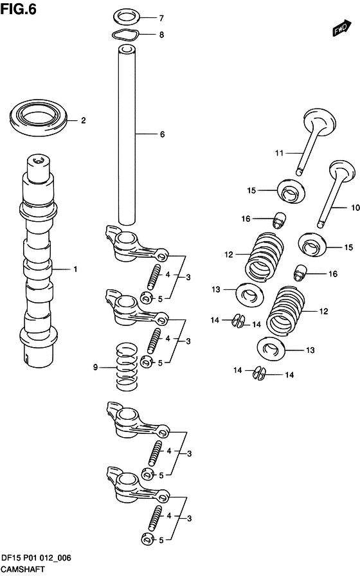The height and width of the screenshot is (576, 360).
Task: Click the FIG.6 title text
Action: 19,9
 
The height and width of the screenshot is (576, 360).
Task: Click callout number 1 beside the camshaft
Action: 75,269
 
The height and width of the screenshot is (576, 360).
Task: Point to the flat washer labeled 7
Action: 127,17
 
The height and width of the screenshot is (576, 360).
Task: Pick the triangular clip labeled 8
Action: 125,35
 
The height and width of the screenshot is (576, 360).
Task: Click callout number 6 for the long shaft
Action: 162,134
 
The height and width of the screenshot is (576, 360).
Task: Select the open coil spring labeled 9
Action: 127,366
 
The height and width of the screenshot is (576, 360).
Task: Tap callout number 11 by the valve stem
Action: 280,153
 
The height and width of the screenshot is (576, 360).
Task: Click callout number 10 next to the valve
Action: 355,208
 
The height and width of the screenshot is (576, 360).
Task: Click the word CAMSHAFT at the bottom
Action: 22,570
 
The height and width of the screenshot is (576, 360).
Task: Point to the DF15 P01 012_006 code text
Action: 36,559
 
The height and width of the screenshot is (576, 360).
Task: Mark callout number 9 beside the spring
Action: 96,367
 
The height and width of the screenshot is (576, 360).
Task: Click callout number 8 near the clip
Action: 161,35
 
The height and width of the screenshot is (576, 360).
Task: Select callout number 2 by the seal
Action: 84,120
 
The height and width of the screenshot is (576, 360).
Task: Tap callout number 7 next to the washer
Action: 161,18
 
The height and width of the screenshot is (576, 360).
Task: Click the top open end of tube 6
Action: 127,49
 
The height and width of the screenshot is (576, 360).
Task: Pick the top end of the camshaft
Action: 38,161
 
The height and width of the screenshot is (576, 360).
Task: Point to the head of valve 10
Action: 343,170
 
